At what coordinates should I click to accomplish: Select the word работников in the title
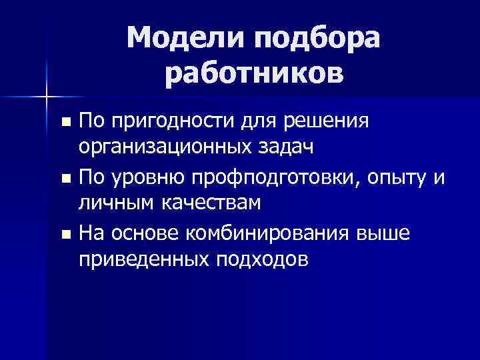pyautogui.click(x=254, y=75)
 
